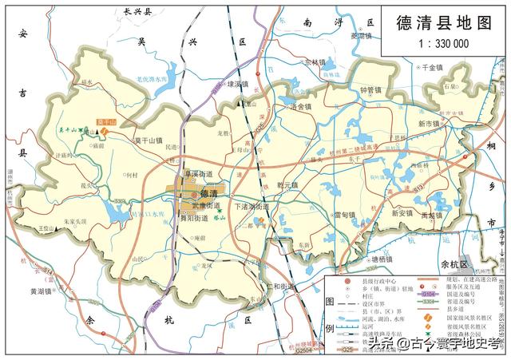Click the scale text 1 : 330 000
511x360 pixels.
[x=443, y=44]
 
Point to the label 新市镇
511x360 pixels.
[x=428, y=125]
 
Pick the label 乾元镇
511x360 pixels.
[x=286, y=185]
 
